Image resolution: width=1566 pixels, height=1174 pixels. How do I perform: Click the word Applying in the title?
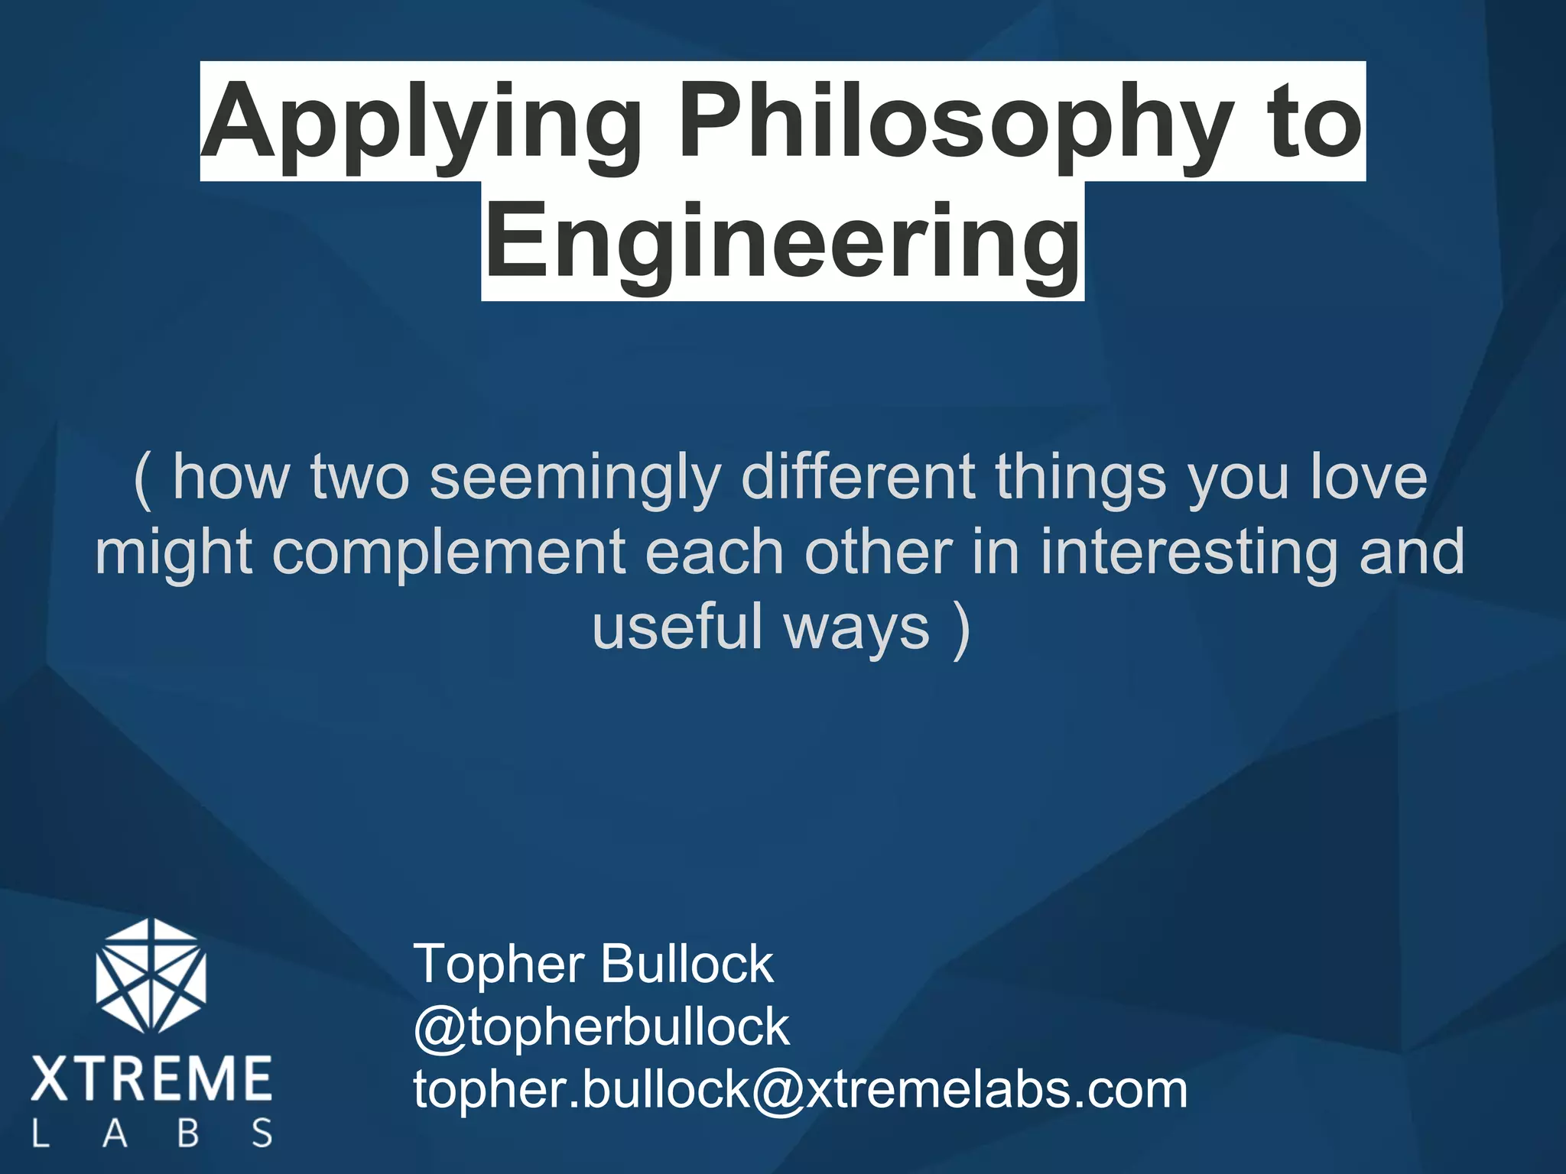click(421, 122)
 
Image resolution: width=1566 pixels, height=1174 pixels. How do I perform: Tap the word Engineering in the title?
click(782, 243)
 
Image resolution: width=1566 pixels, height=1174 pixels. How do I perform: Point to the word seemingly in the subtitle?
click(575, 478)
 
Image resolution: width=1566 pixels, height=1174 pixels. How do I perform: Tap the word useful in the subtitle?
click(677, 626)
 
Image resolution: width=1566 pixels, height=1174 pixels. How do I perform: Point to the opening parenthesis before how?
click(143, 478)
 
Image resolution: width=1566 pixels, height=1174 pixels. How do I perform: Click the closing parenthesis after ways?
click(962, 628)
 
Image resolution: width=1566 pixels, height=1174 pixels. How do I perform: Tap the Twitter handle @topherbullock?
click(601, 1026)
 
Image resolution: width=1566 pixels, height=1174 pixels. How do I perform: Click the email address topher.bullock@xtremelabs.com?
click(800, 1089)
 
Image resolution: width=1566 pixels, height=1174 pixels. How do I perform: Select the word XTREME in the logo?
click(151, 1078)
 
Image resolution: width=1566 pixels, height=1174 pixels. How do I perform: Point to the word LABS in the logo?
click(151, 1133)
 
